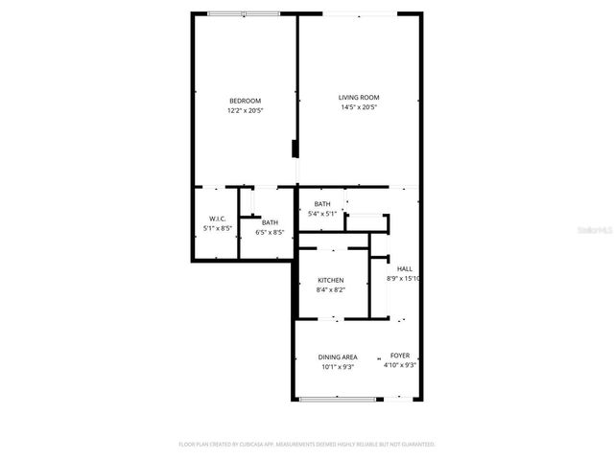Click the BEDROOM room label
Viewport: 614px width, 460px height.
click(245, 101)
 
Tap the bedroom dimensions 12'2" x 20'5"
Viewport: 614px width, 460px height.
click(245, 111)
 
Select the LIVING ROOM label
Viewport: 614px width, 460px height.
click(359, 97)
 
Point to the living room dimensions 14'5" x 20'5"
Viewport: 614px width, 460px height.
click(359, 107)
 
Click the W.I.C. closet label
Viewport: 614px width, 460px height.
click(217, 219)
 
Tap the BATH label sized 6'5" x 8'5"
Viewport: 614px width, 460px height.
click(270, 222)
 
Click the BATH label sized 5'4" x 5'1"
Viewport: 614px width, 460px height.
click(322, 203)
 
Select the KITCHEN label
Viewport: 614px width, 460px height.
click(331, 280)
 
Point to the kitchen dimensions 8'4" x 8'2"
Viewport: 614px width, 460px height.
click(331, 290)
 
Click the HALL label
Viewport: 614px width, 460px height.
click(405, 269)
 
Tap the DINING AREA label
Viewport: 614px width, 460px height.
click(338, 356)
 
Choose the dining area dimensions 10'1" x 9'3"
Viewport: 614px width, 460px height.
click(338, 367)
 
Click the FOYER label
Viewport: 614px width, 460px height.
click(400, 356)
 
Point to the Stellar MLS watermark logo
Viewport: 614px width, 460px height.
click(597, 231)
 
